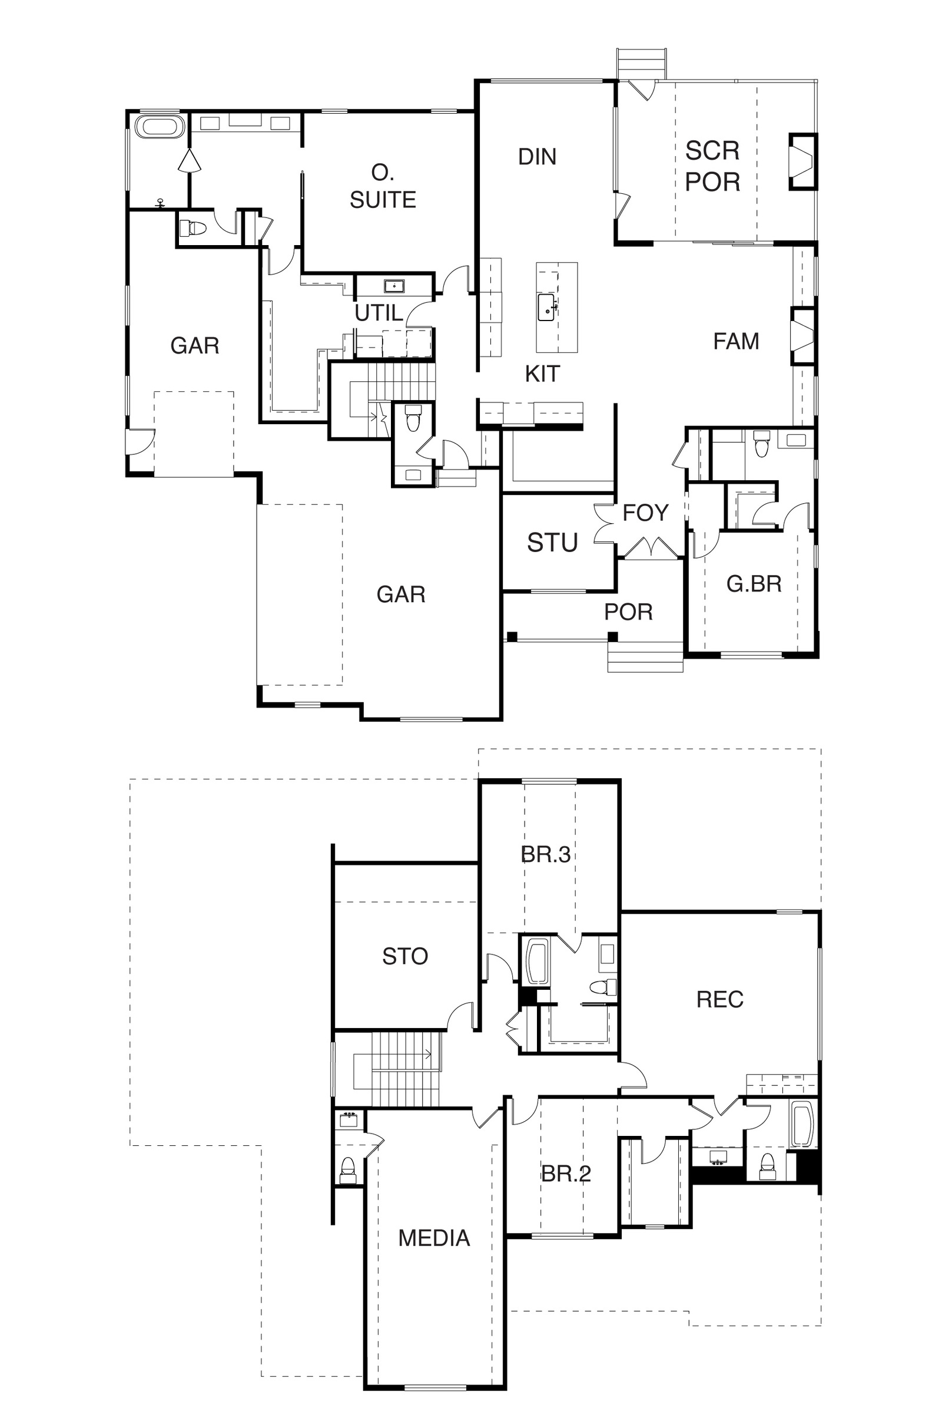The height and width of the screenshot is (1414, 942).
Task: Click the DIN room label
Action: [537, 157]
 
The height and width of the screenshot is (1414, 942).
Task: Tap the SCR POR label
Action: [712, 166]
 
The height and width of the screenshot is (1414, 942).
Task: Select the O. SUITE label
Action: [383, 186]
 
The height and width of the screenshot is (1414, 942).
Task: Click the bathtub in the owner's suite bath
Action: [158, 127]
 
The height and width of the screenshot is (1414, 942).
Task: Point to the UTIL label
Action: [379, 313]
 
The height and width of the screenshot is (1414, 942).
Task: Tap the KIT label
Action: [542, 374]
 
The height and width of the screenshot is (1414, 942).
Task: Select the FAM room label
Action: [736, 342]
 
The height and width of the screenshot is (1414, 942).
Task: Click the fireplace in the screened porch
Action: [802, 161]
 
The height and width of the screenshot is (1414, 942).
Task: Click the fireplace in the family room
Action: [802, 336]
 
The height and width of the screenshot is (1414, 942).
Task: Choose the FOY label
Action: [645, 513]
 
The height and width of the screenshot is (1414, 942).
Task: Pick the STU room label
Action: [552, 543]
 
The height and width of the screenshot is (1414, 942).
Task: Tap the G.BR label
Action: [754, 584]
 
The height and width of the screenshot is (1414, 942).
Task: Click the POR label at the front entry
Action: [628, 612]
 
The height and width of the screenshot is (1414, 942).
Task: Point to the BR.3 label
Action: [546, 854]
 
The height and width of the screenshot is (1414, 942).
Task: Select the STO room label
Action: [405, 956]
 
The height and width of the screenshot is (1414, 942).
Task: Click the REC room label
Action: [719, 1000]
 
